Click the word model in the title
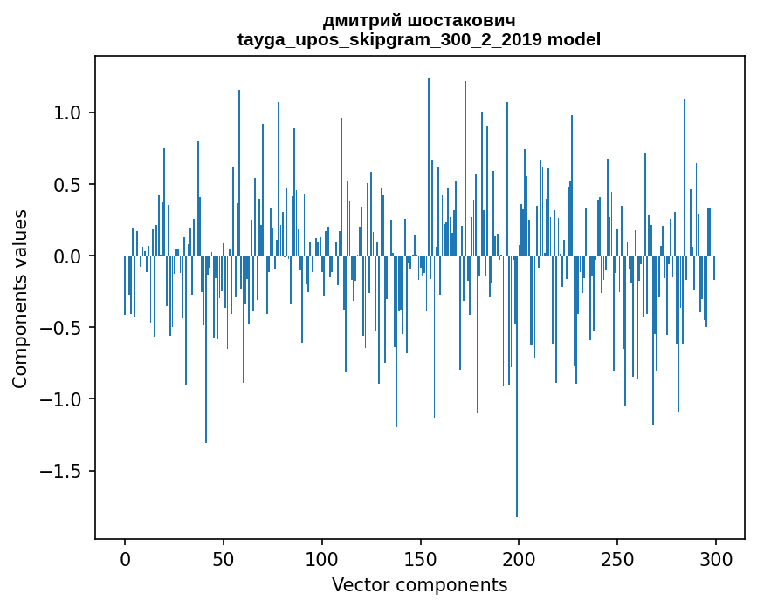574,39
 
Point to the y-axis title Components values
20,298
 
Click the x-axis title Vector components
419,585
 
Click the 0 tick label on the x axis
125,558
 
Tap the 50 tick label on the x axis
224,558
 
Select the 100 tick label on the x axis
322,558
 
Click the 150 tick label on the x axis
420,558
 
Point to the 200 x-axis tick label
519,558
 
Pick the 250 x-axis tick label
617,558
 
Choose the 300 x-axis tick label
716,558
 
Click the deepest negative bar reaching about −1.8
517,436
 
